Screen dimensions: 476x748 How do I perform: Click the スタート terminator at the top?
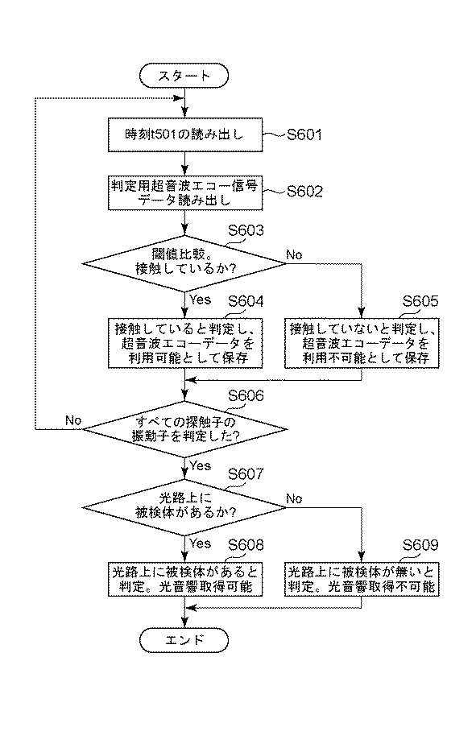click(184, 76)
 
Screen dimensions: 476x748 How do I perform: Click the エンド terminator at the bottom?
click(184, 640)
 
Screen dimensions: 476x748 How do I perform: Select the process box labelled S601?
click(185, 135)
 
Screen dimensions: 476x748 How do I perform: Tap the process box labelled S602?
click(185, 192)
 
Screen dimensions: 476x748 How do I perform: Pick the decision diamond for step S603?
click(184, 262)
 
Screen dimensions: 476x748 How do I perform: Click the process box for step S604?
click(185, 344)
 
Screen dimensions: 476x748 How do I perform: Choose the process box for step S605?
click(362, 344)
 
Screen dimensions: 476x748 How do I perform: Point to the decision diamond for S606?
click(185, 429)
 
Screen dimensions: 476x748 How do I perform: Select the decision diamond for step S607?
click(184, 507)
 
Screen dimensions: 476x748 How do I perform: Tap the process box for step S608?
click(185, 580)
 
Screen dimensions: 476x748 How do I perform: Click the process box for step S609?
click(362, 580)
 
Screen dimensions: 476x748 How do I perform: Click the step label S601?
click(304, 135)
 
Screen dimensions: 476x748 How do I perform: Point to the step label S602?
click(304, 192)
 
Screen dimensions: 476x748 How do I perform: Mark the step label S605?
click(420, 301)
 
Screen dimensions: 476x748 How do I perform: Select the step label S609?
click(420, 545)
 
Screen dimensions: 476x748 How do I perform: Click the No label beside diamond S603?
click(294, 254)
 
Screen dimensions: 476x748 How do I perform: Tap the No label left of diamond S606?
click(73, 421)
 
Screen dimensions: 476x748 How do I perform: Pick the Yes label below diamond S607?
click(200, 543)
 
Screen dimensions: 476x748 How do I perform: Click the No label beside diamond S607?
click(294, 499)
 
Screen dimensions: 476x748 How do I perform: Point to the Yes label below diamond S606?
click(200, 465)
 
